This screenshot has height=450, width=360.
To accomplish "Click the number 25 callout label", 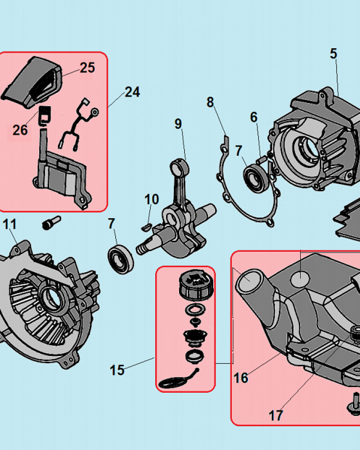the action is click(x=87, y=68).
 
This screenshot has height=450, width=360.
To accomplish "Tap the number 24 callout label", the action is click(x=132, y=92).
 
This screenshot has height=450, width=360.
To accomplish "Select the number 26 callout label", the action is click(x=20, y=130).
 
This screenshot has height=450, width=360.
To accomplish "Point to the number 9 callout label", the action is click(x=178, y=124).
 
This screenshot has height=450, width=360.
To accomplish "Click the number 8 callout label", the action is click(x=210, y=102).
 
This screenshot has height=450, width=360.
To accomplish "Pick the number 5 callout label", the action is click(x=333, y=54).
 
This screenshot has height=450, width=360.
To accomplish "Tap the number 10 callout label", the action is click(x=152, y=199).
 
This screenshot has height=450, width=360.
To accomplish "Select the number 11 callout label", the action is click(x=9, y=224).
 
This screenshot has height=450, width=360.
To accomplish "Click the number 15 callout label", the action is click(x=117, y=370).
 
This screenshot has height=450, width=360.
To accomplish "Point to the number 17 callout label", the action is click(x=276, y=415).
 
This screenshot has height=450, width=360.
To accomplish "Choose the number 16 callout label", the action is click(x=241, y=378).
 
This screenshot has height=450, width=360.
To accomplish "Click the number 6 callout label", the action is click(x=254, y=117).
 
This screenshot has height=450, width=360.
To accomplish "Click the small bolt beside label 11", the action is click(x=51, y=223).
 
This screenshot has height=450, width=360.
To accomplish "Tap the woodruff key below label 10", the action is click(x=146, y=228).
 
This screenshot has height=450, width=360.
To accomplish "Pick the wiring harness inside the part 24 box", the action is click(x=78, y=123).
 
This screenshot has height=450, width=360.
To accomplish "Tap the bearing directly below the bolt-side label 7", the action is click(x=121, y=259).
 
